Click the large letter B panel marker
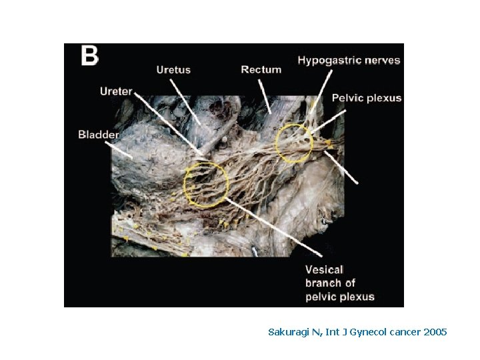tap(89, 56)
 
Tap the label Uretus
tap(173, 69)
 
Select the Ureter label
tap(116, 91)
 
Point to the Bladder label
tap(99, 135)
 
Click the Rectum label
tap(261, 69)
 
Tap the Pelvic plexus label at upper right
tap(367, 98)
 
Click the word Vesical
tap(324, 270)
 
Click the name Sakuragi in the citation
tap(287, 332)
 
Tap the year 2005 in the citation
tap(435, 332)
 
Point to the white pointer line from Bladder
tap(126, 151)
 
